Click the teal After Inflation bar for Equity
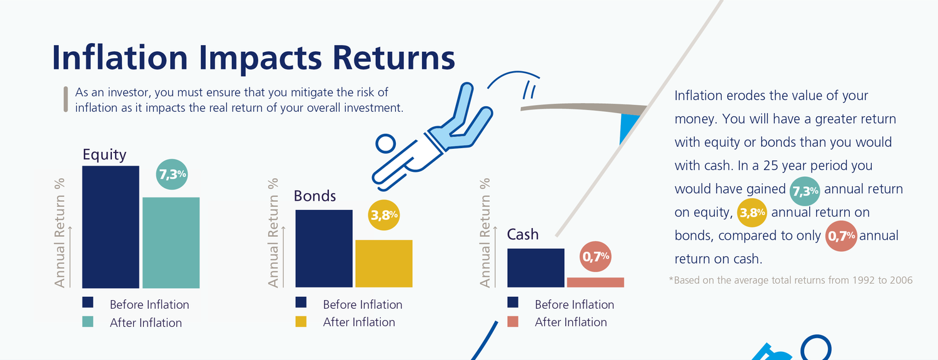click(171, 242)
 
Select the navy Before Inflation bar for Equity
click(111, 227)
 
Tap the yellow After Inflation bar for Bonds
click(384, 264)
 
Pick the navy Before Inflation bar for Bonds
click(324, 249)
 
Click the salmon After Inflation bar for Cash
click(595, 282)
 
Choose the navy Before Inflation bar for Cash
click(535, 268)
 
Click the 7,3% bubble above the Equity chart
click(172, 174)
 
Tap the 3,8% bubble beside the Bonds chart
click(384, 215)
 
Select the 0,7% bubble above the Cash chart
click(595, 257)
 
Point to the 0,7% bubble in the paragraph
click(841, 236)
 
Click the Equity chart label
click(104, 155)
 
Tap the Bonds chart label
click(315, 196)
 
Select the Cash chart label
click(523, 234)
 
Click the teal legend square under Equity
click(88, 321)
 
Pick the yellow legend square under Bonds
click(301, 321)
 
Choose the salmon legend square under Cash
click(513, 321)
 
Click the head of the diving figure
click(385, 144)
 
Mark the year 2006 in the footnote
click(901, 280)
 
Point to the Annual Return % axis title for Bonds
click(273, 232)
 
